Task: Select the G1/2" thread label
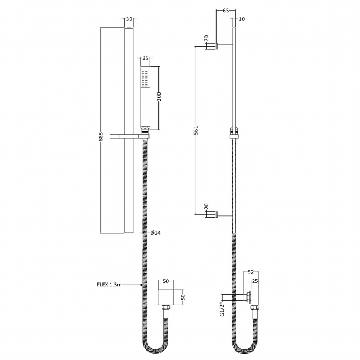coord(223,303)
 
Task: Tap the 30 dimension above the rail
coord(129,19)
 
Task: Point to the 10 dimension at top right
coord(242,19)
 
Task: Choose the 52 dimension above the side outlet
coord(250,272)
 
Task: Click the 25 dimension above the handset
coord(145,58)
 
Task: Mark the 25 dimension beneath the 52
coord(255,281)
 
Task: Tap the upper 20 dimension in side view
coord(207,39)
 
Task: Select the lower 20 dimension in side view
coord(207,207)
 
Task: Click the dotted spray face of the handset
coord(145,79)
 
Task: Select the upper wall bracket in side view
coord(219,47)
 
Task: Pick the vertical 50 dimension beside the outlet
coord(183,298)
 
